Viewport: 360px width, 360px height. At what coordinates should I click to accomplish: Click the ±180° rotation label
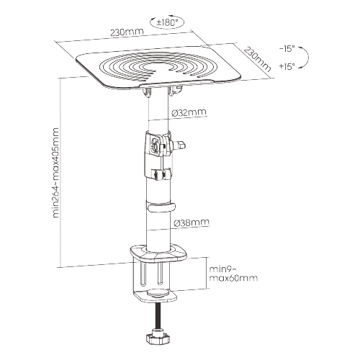(168, 22)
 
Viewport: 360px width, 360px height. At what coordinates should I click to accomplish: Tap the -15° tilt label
(287, 49)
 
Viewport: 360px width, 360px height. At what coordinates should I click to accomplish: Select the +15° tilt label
(287, 66)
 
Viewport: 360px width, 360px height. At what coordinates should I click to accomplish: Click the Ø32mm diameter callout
(189, 112)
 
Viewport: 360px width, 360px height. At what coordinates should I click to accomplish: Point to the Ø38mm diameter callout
(192, 222)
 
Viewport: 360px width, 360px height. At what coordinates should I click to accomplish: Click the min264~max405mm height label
(55, 173)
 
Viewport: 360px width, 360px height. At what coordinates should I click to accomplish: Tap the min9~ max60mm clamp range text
(233, 274)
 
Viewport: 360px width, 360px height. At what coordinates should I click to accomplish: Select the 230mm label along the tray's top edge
(127, 32)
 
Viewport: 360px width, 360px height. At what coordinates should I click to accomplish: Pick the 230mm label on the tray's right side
(257, 59)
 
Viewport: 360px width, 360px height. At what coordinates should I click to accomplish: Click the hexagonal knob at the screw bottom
(158, 338)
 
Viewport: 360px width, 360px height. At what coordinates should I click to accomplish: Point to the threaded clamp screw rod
(158, 315)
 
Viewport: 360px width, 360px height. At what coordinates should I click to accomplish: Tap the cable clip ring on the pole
(161, 207)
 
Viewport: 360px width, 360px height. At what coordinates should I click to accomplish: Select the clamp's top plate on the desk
(158, 253)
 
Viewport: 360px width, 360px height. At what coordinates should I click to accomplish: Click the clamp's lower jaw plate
(155, 296)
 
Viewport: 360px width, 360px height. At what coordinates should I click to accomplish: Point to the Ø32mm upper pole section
(158, 110)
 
